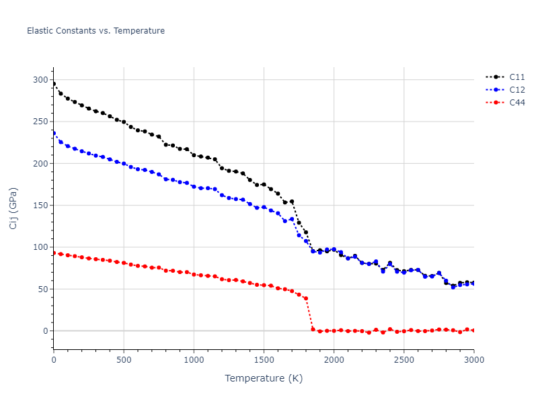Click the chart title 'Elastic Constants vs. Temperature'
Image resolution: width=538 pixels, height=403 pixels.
[95, 31]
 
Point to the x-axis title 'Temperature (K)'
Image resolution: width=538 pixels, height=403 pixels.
[264, 378]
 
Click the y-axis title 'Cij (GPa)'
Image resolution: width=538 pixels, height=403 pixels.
[13, 208]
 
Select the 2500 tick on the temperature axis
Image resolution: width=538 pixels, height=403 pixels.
[403, 360]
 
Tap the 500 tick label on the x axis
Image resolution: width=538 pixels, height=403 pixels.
[124, 360]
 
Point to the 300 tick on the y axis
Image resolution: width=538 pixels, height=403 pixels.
[40, 80]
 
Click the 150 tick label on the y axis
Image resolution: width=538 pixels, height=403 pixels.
[40, 206]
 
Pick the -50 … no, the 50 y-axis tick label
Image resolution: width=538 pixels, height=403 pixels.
[42, 289]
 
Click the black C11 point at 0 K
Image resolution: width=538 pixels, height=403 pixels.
[54, 84]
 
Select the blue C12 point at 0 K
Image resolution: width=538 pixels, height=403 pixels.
[54, 133]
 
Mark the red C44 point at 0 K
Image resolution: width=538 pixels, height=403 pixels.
[54, 253]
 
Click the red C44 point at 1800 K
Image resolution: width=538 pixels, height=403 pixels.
[306, 298]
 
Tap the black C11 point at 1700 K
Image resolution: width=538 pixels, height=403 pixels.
[292, 201]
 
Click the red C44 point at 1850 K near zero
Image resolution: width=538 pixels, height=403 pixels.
[313, 329]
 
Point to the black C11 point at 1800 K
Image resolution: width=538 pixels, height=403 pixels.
[306, 232]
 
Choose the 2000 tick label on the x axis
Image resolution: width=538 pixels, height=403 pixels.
[334, 360]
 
